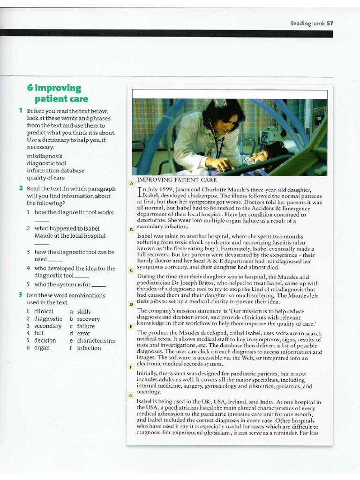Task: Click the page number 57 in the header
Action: click(x=330, y=23)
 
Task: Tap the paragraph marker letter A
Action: click(x=132, y=182)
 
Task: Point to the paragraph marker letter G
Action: click(x=131, y=396)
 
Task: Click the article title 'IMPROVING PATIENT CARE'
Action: click(x=177, y=180)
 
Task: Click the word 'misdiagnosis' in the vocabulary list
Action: click(x=45, y=156)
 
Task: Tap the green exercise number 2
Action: click(x=21, y=188)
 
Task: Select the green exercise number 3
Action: click(x=21, y=295)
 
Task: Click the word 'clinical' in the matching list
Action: click(x=44, y=311)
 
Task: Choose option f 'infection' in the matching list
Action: click(x=89, y=348)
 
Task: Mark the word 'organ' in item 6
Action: click(x=42, y=348)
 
